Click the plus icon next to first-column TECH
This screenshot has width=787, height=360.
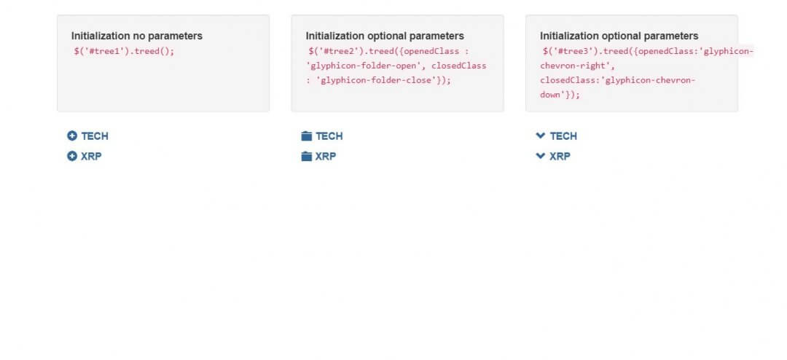coord(71,136)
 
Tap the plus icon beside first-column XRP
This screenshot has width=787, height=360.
coord(71,156)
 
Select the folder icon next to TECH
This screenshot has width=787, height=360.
coord(307,136)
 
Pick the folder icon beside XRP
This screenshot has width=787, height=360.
coord(307,156)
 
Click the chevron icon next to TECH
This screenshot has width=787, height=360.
coord(541,136)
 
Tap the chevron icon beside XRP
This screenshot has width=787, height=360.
coord(541,156)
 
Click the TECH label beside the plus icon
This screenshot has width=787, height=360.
coord(95,136)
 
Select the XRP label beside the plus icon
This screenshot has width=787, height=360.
coord(91,156)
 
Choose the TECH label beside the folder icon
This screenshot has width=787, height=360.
coord(329,136)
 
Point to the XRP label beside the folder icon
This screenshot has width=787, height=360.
coord(326,156)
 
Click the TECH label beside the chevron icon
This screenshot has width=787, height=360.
coord(563,136)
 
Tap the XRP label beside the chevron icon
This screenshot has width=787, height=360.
coord(560,156)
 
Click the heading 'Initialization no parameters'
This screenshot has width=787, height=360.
coord(137,36)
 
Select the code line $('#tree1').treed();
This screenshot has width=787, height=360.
coord(124,51)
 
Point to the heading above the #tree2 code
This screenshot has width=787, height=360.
coord(385,36)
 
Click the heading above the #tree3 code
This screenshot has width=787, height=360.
coord(619,36)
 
